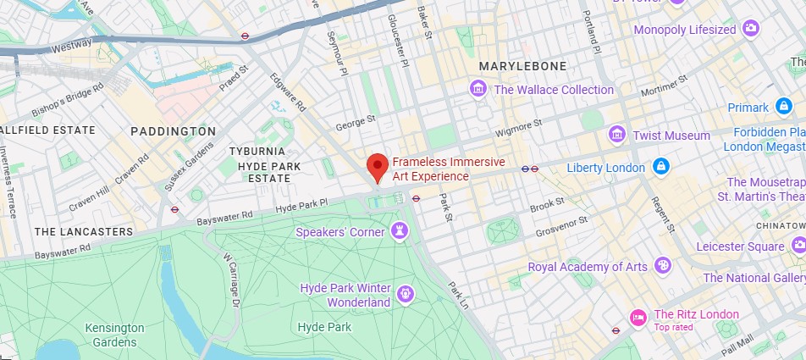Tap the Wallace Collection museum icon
(478, 89)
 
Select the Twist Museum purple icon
(617, 136)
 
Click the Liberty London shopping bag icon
(660, 167)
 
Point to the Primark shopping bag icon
(784, 108)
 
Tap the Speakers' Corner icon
(398, 231)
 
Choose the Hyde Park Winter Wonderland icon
(406, 295)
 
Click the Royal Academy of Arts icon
(663, 266)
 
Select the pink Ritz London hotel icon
(638, 318)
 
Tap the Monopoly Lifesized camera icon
(750, 29)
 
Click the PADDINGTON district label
(174, 131)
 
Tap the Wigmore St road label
(517, 128)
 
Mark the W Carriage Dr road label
(231, 279)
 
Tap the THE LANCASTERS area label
(84, 231)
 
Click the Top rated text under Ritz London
(673, 327)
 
